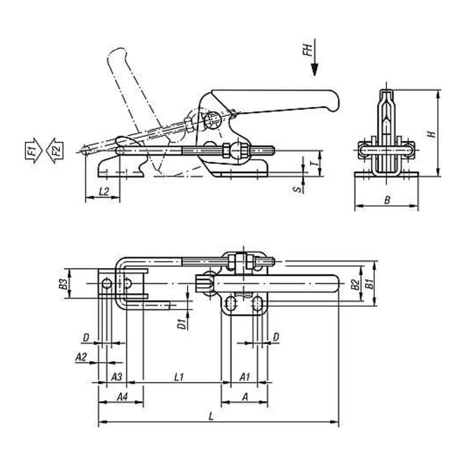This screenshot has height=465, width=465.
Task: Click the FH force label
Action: click(308, 50)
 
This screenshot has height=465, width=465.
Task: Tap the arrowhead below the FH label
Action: click(315, 69)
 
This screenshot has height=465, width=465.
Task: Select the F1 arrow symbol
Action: click(34, 150)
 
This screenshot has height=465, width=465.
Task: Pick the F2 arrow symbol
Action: click(55, 150)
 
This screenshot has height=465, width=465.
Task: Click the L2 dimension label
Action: click(103, 192)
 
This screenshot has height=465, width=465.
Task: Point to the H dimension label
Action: click(432, 134)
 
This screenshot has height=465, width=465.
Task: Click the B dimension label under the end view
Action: click(387, 200)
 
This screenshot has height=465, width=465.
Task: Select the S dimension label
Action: click(299, 189)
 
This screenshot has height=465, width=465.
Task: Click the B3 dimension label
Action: click(63, 284)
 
